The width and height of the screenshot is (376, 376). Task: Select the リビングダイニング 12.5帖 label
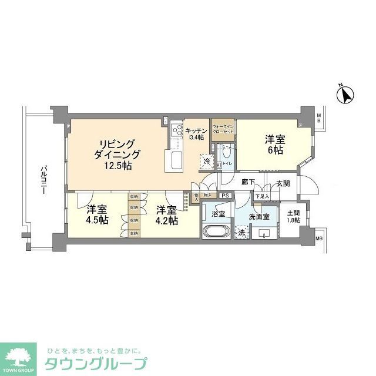coord(115,155)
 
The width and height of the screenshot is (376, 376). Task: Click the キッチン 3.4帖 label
coord(194,134)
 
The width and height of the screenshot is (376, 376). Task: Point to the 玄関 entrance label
coord(283,183)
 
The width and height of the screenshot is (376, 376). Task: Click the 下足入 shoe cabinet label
coord(262,196)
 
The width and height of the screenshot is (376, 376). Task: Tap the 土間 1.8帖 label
coord(293,216)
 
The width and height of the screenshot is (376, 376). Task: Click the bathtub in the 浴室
coord(217,231)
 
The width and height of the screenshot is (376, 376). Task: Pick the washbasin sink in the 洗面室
coord(267,233)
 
